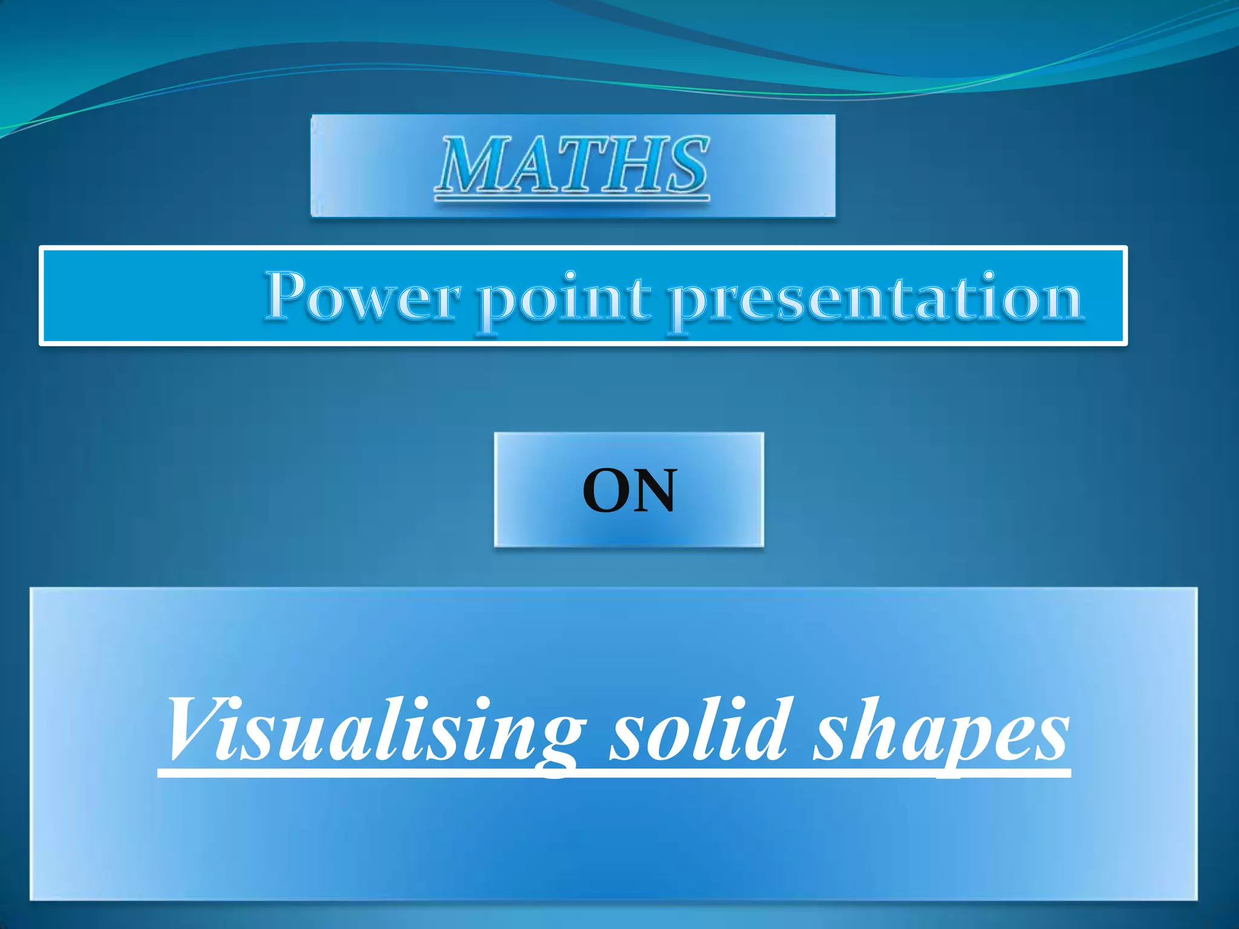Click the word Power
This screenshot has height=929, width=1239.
[362, 298]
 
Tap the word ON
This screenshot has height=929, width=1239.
[629, 490]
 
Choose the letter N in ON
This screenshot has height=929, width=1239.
[653, 490]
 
